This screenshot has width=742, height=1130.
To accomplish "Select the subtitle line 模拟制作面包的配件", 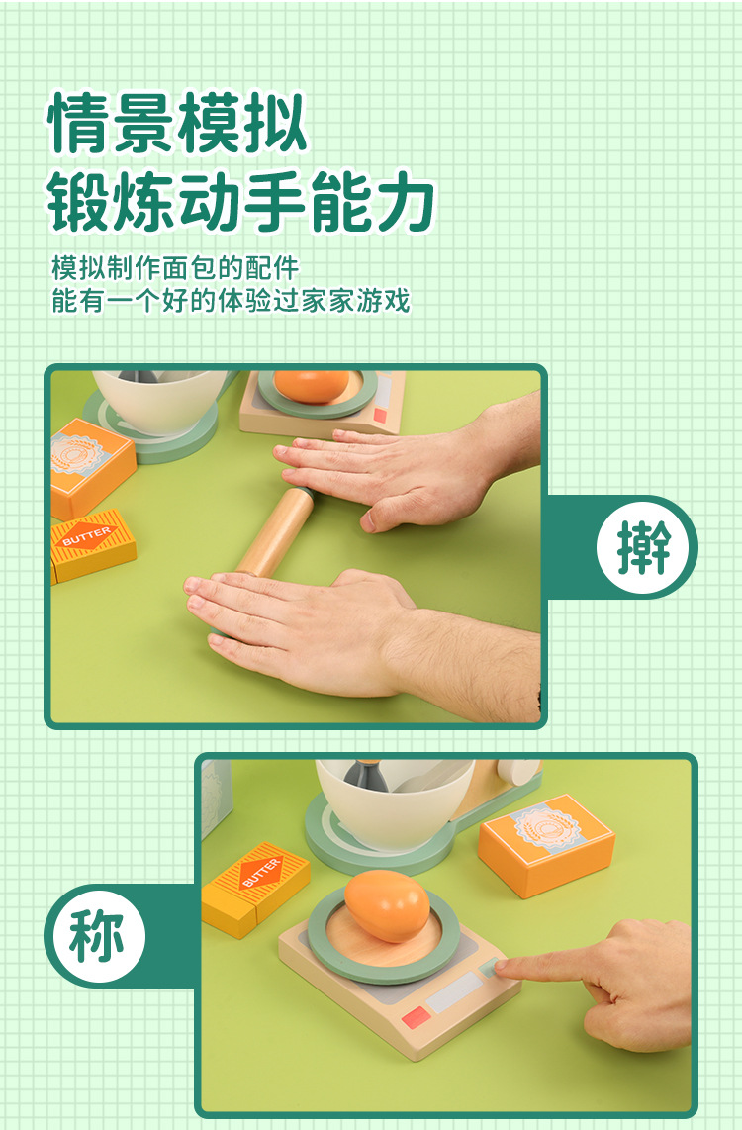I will click(x=175, y=267).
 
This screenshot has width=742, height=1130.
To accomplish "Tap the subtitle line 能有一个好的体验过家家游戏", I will click(x=231, y=300).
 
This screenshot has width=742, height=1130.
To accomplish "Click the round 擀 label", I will click(x=645, y=546).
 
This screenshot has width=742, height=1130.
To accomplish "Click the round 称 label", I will click(x=96, y=935).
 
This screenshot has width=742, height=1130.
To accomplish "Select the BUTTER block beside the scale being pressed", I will click(x=254, y=888).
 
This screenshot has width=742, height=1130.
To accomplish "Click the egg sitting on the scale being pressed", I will click(x=387, y=905).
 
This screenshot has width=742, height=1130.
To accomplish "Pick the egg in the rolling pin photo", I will click(x=311, y=386).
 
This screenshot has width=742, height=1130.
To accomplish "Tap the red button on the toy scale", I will click(x=415, y=1019).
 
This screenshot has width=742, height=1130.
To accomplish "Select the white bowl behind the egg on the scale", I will click(x=394, y=802).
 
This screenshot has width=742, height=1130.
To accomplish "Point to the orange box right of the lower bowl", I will click(x=547, y=844).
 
